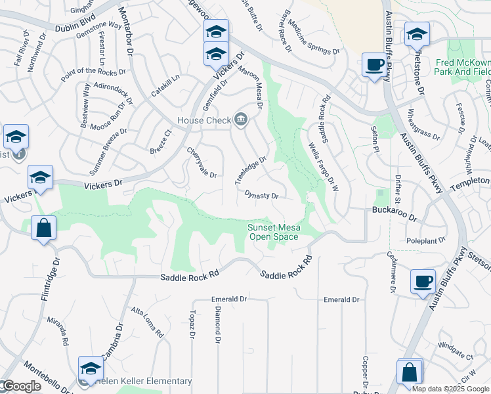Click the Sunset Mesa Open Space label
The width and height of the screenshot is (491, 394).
point(274,232)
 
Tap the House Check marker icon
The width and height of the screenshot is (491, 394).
point(241,119)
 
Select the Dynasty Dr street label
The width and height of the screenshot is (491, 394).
point(262,195)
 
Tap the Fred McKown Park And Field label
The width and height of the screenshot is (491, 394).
point(463,67)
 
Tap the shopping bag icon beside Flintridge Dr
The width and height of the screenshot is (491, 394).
point(43,229)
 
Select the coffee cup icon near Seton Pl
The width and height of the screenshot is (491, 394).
point(375,65)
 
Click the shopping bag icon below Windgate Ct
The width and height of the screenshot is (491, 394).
point(410,372)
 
